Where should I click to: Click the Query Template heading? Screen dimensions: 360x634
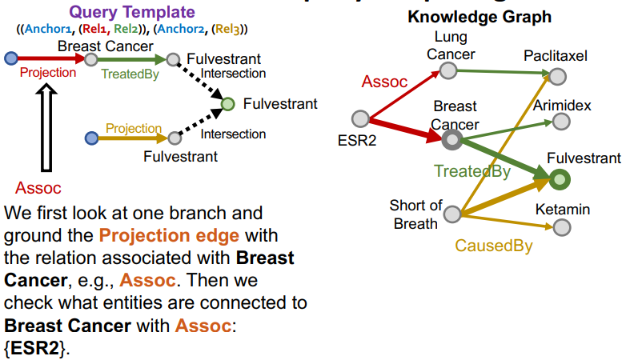(132, 12)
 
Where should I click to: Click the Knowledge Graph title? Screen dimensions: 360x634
(480, 16)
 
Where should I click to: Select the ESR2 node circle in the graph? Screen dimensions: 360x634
(361, 119)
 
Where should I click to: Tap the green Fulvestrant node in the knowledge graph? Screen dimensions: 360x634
(558, 180)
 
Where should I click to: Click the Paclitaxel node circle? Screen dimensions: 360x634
(557, 75)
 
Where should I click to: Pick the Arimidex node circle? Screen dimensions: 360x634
(561, 122)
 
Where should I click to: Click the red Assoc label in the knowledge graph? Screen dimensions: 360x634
(385, 81)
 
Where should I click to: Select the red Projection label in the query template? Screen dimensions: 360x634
(48, 73)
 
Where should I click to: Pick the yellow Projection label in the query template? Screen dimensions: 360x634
(134, 129)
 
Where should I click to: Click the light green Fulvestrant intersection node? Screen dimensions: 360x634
(228, 104)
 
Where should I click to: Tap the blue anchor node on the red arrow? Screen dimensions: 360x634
(10, 58)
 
